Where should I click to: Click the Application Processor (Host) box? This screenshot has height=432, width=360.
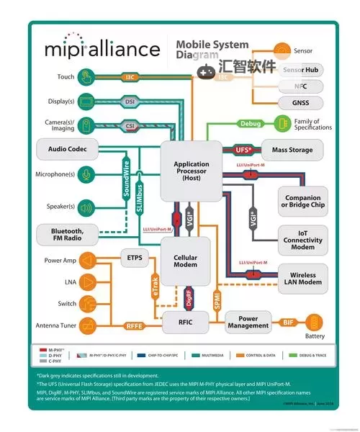(191, 170)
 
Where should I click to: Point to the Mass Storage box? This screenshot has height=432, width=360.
(292, 150)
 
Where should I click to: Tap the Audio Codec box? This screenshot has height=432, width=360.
(68, 150)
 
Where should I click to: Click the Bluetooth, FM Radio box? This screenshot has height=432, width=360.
(68, 234)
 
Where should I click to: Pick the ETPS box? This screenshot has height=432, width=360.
(135, 257)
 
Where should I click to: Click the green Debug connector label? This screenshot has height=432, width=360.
(251, 123)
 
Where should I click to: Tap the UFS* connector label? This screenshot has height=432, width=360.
(243, 150)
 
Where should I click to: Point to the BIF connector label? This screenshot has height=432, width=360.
(288, 322)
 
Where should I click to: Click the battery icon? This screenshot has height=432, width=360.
(315, 322)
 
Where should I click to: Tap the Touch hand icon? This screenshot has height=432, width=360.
(87, 76)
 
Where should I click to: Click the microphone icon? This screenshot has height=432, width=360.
(87, 175)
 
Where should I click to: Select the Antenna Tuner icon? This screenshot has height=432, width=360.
(87, 325)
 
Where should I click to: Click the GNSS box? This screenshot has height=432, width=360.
(300, 103)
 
